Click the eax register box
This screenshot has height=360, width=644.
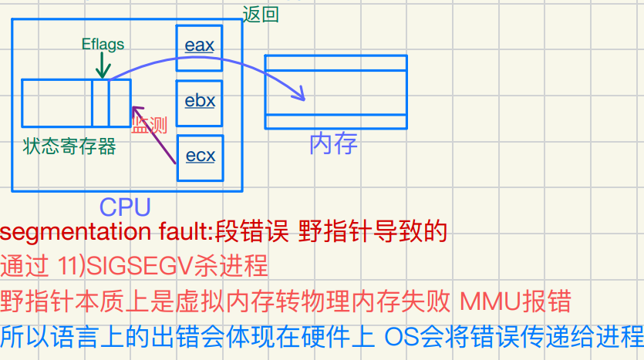pyautogui.click(x=199, y=46)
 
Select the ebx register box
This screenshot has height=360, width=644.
pyautogui.click(x=200, y=102)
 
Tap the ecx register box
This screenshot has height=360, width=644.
pyautogui.click(x=201, y=157)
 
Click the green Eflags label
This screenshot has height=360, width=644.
pyautogui.click(x=103, y=44)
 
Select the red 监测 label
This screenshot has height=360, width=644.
pyautogui.click(x=150, y=126)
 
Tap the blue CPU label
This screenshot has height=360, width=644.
pyautogui.click(x=125, y=206)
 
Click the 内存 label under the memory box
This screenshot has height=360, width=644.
pyautogui.click(x=333, y=143)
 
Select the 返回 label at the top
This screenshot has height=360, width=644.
pyautogui.click(x=261, y=14)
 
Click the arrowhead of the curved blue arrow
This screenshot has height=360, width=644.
pyautogui.click(x=302, y=96)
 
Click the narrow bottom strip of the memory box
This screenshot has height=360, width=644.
pyautogui.click(x=335, y=122)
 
